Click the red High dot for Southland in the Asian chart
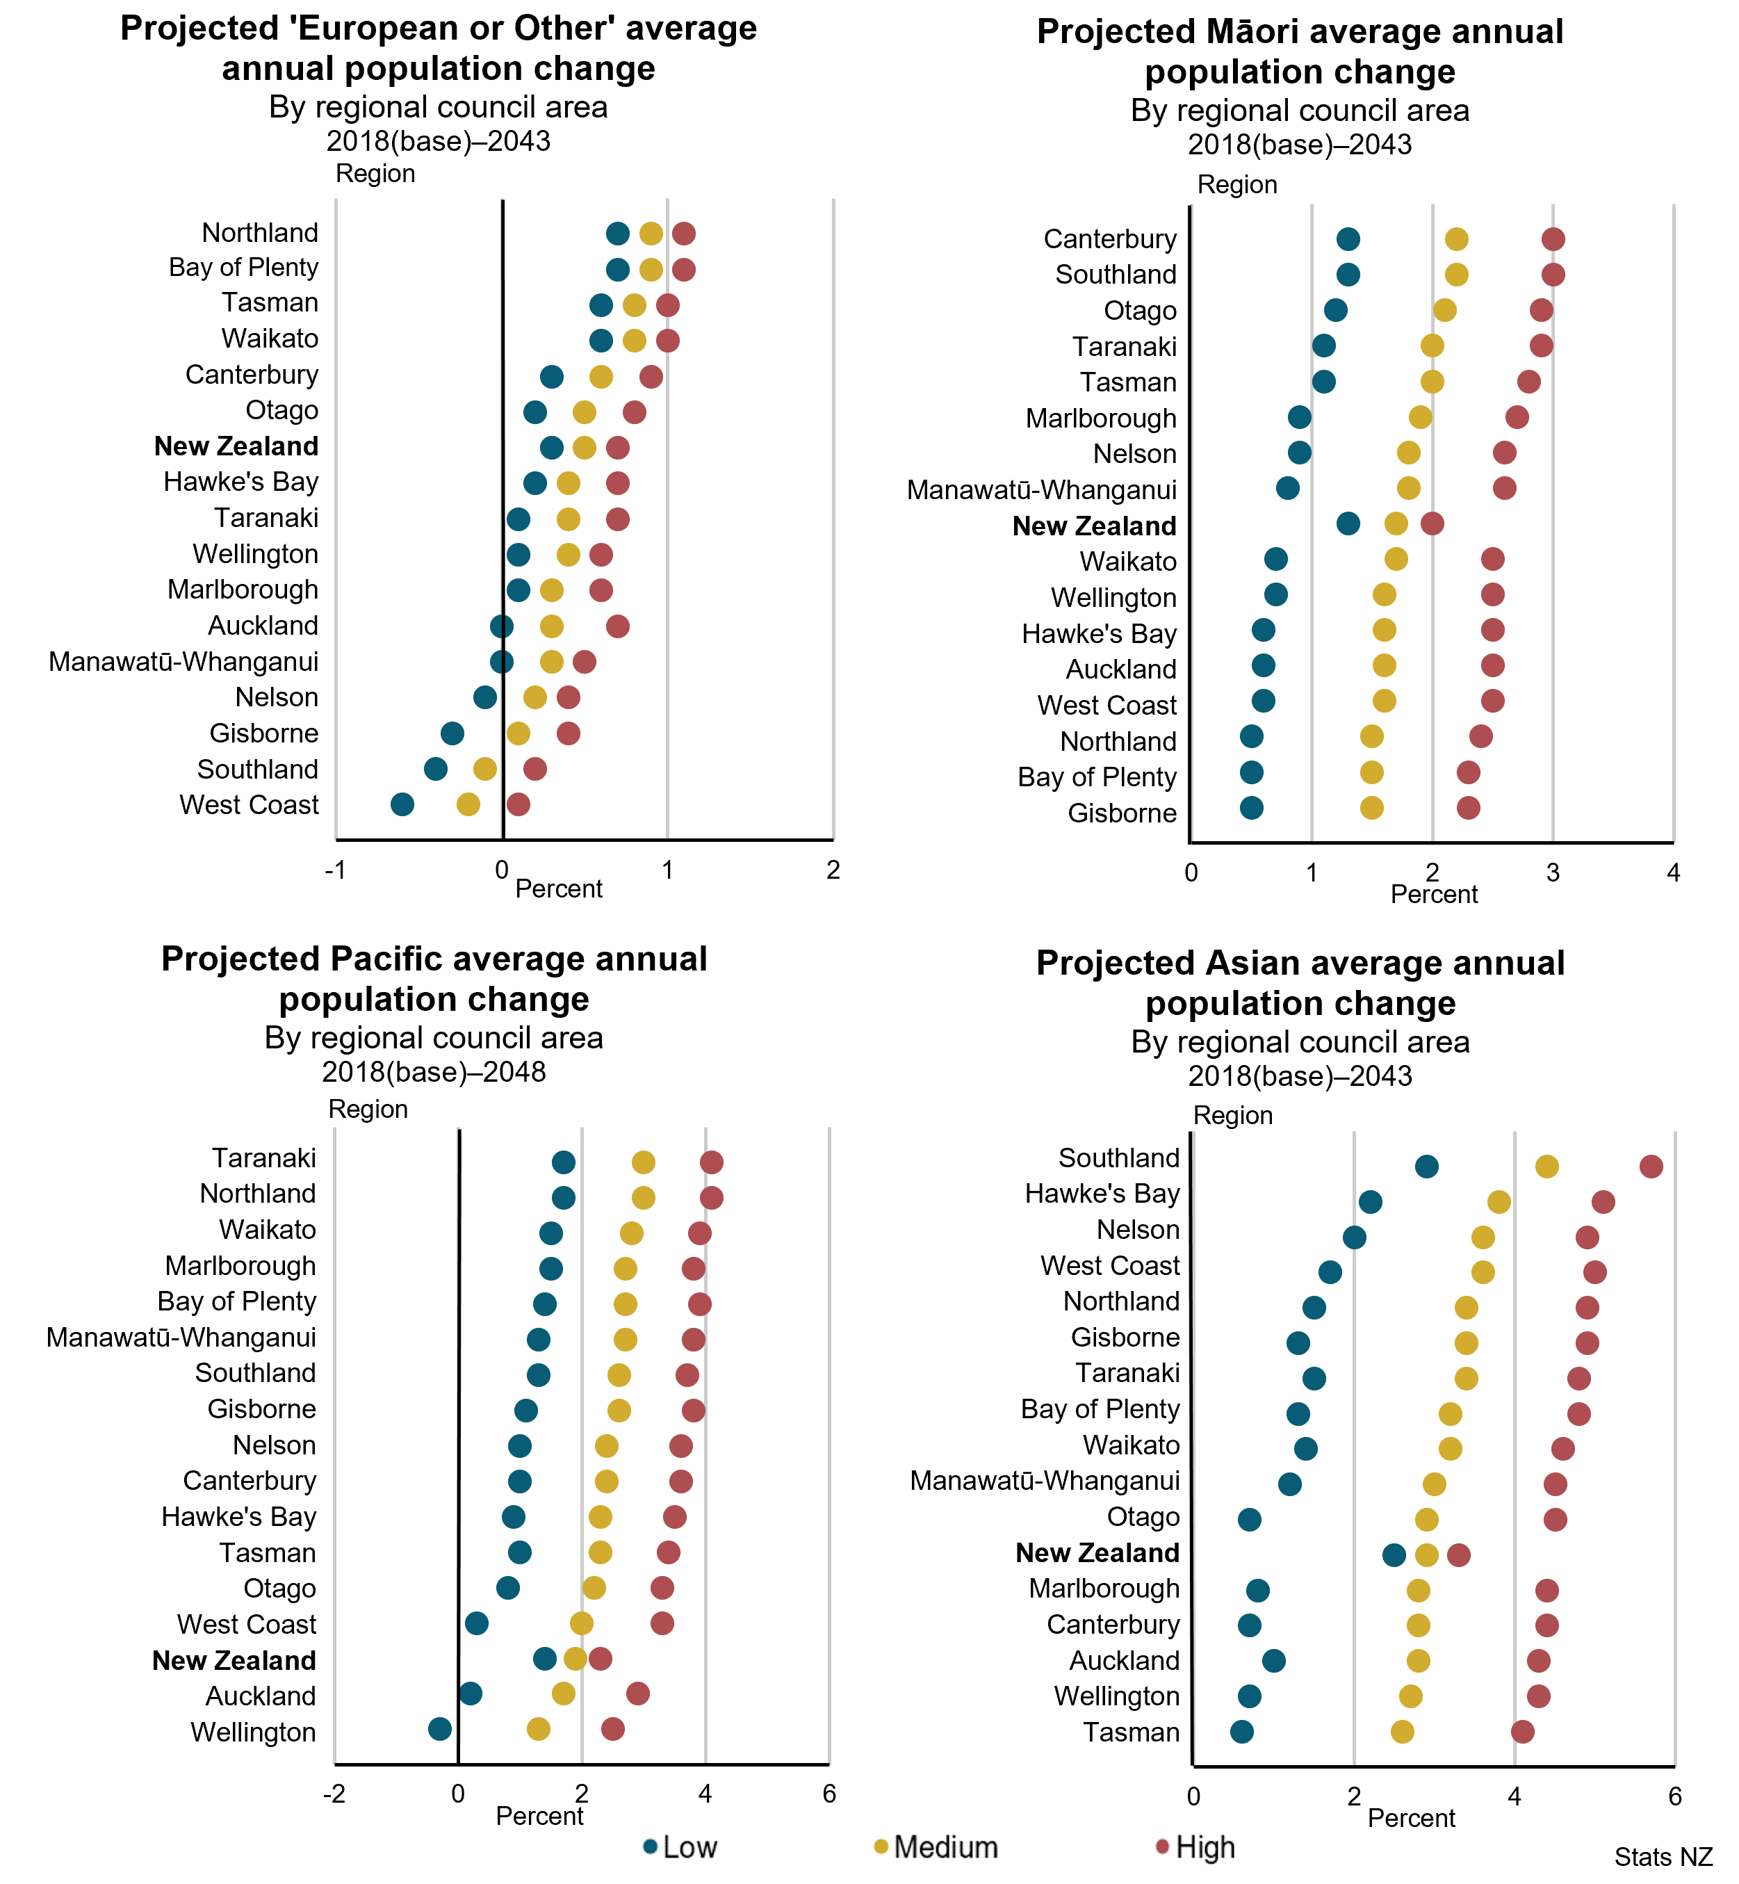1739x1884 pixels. [1651, 1167]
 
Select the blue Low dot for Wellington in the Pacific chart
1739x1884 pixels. [439, 1729]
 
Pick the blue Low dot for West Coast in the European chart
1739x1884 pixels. [402, 804]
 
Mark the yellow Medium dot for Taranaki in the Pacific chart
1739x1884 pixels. [644, 1162]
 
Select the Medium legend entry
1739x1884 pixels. [936, 1847]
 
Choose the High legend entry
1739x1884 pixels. [1195, 1847]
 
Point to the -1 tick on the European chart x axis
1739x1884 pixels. [335, 870]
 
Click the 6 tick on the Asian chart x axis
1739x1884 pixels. [1674, 1796]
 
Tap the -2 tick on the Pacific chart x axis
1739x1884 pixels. [334, 1794]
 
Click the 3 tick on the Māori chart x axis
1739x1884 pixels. [1553, 873]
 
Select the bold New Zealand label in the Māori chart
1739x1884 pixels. [1095, 526]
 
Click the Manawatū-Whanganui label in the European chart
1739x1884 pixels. [183, 662]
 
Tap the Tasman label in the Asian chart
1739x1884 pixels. [1131, 1732]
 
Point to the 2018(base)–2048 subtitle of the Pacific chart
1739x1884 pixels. [434, 1072]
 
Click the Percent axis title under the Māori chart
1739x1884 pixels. [1434, 894]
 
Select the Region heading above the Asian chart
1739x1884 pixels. [1233, 1115]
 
